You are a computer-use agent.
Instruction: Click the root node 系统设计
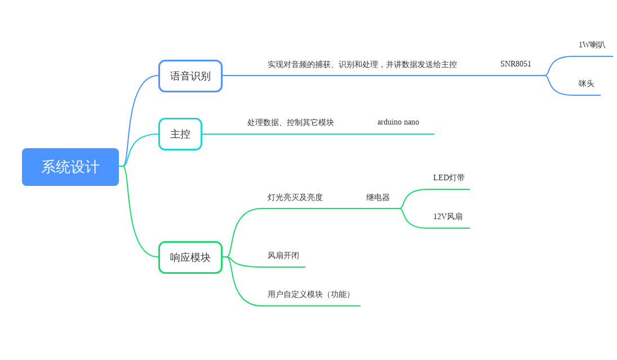coord(70,167)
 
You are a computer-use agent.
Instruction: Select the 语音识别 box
coord(190,76)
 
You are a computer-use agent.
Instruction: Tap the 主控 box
coord(180,134)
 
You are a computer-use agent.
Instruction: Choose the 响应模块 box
coord(190,257)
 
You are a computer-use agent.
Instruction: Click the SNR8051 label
coord(516,64)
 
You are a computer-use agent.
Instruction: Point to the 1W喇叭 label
coord(592,45)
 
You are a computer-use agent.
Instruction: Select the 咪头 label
coord(586,84)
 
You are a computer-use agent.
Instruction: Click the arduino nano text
coord(398,122)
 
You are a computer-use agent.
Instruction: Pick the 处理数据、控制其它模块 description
coord(290,122)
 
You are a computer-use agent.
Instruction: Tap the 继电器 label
coord(378,198)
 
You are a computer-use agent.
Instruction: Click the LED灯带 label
coord(449,178)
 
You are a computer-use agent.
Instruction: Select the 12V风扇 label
coord(447,217)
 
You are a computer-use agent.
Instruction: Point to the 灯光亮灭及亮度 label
coord(295,198)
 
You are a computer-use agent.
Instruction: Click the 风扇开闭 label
coord(283,256)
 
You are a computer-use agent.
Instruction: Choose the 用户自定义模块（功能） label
coord(310,295)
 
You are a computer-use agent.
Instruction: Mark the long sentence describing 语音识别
coord(362,65)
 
